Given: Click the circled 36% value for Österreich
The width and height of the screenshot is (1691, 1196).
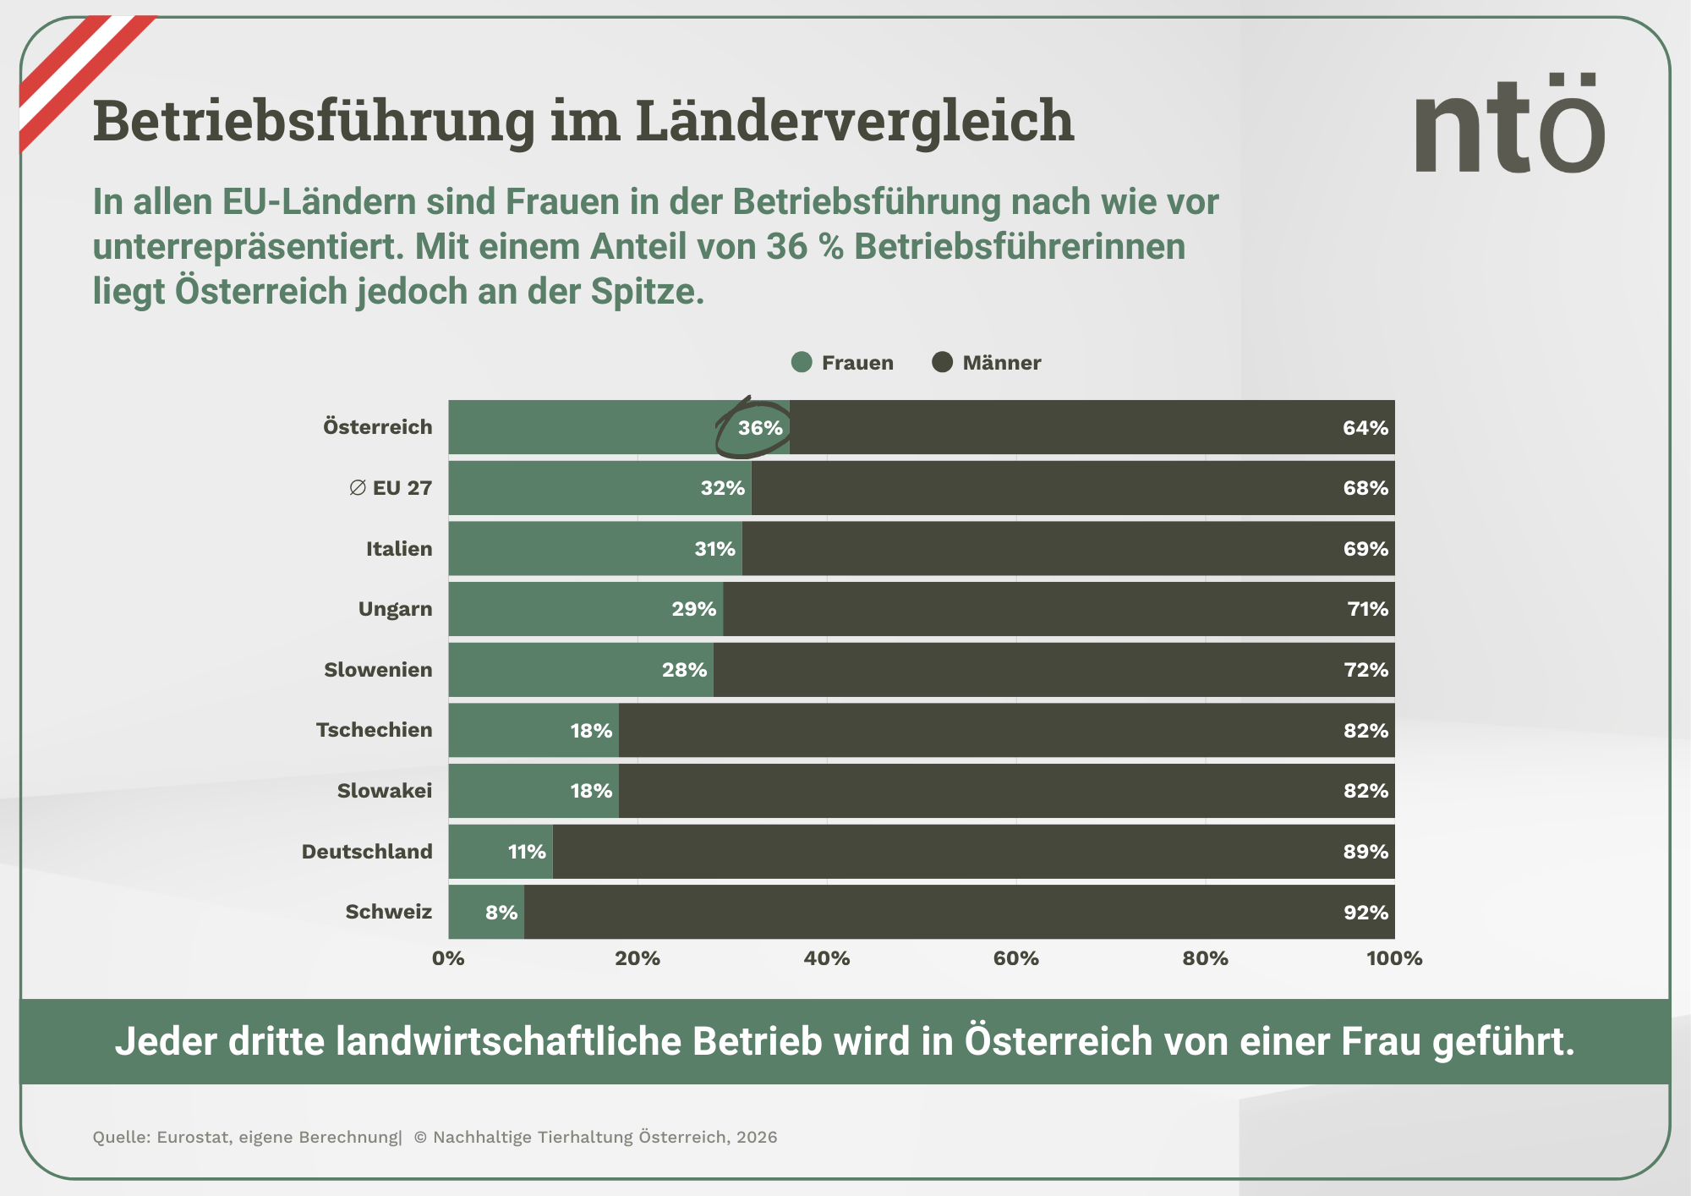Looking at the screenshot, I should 759,428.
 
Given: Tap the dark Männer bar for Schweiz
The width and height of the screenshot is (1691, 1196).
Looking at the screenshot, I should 930,912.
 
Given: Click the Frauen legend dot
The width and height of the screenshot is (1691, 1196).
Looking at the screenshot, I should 802,362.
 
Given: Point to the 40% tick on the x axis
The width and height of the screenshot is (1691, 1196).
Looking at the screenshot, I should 826,958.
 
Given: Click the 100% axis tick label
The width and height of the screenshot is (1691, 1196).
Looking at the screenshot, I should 1393,958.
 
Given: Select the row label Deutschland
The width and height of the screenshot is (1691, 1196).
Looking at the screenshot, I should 367,852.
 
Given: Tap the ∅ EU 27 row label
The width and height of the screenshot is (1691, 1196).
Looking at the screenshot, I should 391,488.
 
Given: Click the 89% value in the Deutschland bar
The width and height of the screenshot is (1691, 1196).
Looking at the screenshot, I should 1365,852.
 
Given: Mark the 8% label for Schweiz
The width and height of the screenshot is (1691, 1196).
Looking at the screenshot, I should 501,913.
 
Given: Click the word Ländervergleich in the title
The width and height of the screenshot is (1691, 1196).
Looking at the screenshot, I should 854,120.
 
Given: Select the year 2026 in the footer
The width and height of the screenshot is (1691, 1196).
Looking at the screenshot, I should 756,1137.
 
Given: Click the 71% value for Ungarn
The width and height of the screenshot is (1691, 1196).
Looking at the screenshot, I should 1366,609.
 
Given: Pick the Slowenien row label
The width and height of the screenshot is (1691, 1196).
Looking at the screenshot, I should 378,670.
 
